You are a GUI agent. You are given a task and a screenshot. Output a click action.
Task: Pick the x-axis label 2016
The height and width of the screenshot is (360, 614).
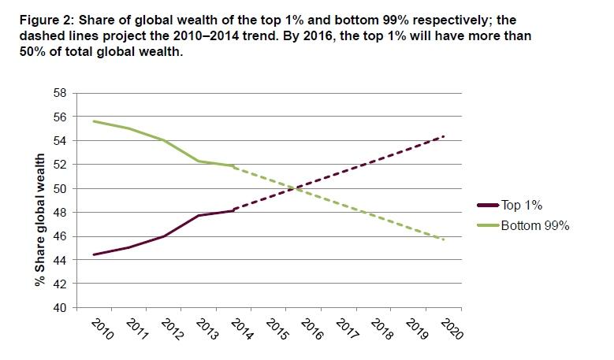(313, 328)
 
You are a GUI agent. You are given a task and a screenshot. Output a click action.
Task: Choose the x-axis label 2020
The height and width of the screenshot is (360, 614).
(452, 328)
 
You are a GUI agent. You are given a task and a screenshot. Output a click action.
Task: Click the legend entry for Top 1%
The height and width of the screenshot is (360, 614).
(522, 206)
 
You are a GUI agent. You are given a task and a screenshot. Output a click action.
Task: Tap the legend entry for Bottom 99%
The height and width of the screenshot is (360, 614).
(535, 225)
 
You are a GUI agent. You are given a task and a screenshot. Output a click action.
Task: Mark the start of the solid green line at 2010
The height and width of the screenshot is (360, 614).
(93, 121)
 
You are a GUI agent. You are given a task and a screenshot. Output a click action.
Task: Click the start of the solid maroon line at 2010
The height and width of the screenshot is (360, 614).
(93, 254)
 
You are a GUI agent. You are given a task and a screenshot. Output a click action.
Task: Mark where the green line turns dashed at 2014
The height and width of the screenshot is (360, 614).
(233, 166)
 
